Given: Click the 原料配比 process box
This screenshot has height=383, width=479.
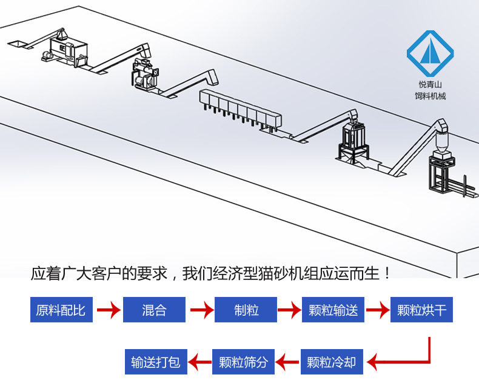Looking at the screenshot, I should pos(61,310).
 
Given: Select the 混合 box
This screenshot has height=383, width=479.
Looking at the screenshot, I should pos(154,310).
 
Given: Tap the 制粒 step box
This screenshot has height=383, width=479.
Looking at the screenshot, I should pos(246,310).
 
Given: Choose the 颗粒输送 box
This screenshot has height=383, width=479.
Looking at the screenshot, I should pos(333,310).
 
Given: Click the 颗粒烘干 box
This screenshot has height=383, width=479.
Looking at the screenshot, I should pos(421,310).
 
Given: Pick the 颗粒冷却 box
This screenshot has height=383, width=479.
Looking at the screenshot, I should pos(331,362).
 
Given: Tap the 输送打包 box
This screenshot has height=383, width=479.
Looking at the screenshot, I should pos(156,362).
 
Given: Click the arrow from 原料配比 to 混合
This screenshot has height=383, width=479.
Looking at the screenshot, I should pos(108,311).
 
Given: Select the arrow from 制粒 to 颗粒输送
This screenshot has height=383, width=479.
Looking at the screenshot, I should pos(289,311).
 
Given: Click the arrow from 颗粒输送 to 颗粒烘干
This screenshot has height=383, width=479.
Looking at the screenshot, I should pos(377,311).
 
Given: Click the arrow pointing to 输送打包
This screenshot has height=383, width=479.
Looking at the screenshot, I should pos(199,362).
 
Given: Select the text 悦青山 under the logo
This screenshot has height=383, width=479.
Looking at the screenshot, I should pos(430,85).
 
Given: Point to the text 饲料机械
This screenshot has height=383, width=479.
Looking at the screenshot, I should pos(430,96).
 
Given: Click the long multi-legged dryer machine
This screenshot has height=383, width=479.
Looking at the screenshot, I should pos(240,108).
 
